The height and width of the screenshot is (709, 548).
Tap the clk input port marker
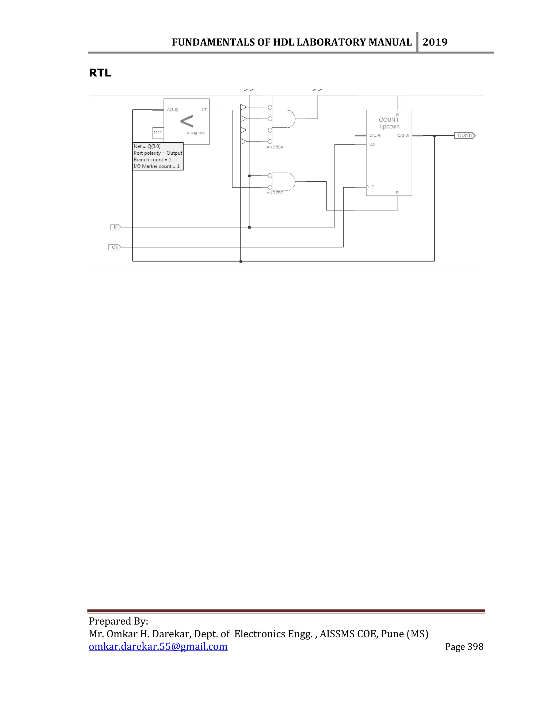point(115,247)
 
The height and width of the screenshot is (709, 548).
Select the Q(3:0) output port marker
point(465,136)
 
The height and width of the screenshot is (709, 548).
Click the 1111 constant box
point(158,132)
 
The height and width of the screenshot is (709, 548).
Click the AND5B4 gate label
point(275,147)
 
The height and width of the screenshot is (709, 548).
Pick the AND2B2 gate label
point(275,193)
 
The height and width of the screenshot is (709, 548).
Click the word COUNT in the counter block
point(389,120)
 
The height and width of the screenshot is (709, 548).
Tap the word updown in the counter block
point(390,127)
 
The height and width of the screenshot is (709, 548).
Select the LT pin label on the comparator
point(204,110)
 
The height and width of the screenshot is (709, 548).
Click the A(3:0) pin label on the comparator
point(173,110)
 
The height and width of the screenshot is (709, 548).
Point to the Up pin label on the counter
point(372,144)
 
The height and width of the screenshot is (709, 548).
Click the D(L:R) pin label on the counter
point(375,136)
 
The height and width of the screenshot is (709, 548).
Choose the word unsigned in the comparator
point(195,132)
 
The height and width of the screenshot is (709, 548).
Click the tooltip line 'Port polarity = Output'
point(158,153)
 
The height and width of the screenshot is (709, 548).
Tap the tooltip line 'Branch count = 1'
point(152,160)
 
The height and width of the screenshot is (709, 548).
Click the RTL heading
point(100,73)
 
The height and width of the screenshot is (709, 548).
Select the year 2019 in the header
point(435,42)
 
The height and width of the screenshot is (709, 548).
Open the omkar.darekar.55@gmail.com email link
point(158,647)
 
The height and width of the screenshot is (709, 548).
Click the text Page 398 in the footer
point(464,647)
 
